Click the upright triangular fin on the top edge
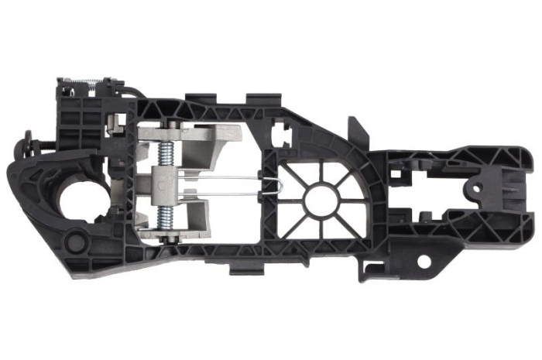358,128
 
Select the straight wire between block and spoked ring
225,181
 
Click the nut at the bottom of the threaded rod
167,238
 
